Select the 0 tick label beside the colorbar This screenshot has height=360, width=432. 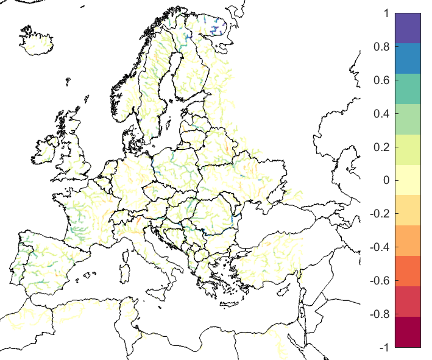[385, 180]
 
